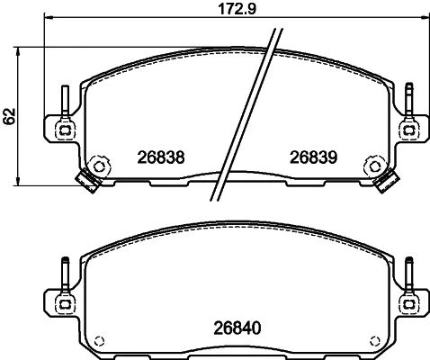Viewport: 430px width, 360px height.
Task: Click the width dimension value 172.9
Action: [x=237, y=9]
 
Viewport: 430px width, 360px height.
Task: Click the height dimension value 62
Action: [x=10, y=116]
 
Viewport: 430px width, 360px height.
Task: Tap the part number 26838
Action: [x=161, y=157]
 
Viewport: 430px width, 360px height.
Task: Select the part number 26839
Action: [x=313, y=157]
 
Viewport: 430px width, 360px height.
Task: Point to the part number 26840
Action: [x=237, y=328]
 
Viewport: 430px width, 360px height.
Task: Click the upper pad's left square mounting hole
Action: [x=65, y=130]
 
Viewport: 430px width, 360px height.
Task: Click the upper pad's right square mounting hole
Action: [x=408, y=130]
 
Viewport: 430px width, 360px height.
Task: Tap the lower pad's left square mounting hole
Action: [x=65, y=304]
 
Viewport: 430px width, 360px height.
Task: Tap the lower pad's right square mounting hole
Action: [x=408, y=304]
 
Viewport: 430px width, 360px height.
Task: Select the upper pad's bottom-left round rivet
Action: [x=99, y=166]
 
